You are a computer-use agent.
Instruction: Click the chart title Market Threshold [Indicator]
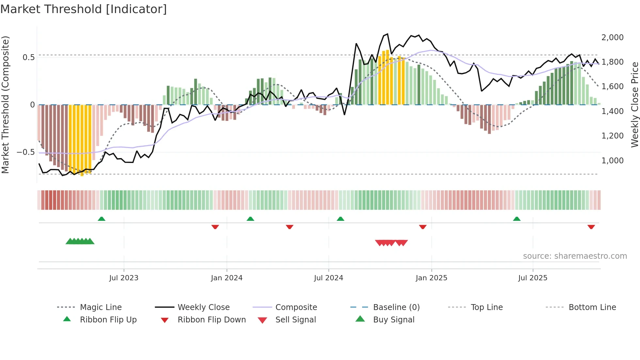click(x=84, y=9)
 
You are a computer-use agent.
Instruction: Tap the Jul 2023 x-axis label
click(x=124, y=278)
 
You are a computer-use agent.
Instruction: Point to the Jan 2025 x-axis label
click(x=431, y=278)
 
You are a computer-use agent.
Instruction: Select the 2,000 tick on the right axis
click(x=612, y=38)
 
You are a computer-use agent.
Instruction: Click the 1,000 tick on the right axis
click(x=612, y=161)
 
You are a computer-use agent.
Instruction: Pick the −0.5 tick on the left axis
click(x=25, y=152)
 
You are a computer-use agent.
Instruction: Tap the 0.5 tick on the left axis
click(x=28, y=57)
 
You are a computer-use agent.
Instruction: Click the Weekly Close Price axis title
click(x=634, y=105)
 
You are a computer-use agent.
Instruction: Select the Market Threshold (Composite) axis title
click(x=5, y=105)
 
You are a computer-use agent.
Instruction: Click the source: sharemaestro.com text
click(x=575, y=256)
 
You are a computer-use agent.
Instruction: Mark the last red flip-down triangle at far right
click(x=591, y=227)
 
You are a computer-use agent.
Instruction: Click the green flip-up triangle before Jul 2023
click(x=102, y=219)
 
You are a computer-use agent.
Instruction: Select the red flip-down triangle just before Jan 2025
click(x=423, y=227)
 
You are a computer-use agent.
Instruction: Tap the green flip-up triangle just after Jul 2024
click(x=341, y=219)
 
